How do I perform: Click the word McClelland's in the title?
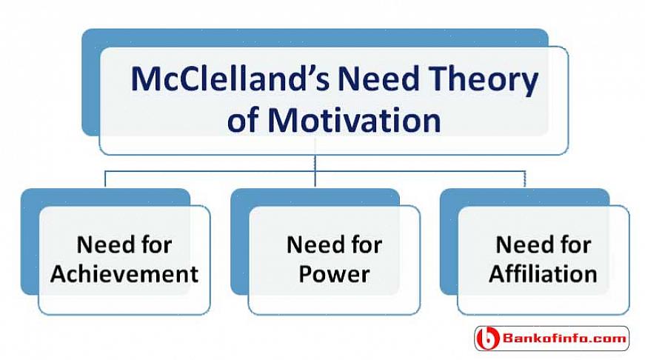point(230,79)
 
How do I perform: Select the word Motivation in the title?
point(354,120)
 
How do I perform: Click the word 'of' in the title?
point(243,120)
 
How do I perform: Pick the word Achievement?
point(124,273)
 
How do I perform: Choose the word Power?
point(334,274)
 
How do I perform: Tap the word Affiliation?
point(543,273)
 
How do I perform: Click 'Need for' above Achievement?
point(124,244)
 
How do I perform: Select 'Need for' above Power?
point(334,244)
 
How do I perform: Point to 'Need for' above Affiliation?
point(544,244)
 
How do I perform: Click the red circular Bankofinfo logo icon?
point(488,339)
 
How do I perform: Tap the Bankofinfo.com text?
point(564,339)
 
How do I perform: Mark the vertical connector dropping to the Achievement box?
point(105,179)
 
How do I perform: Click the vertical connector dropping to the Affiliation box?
point(524,179)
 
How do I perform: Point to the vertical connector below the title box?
point(315,171)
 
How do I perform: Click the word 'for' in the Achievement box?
point(156,244)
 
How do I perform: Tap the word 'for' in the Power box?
point(366,244)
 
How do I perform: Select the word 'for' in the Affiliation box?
point(575,244)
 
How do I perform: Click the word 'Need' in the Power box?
point(315,244)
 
